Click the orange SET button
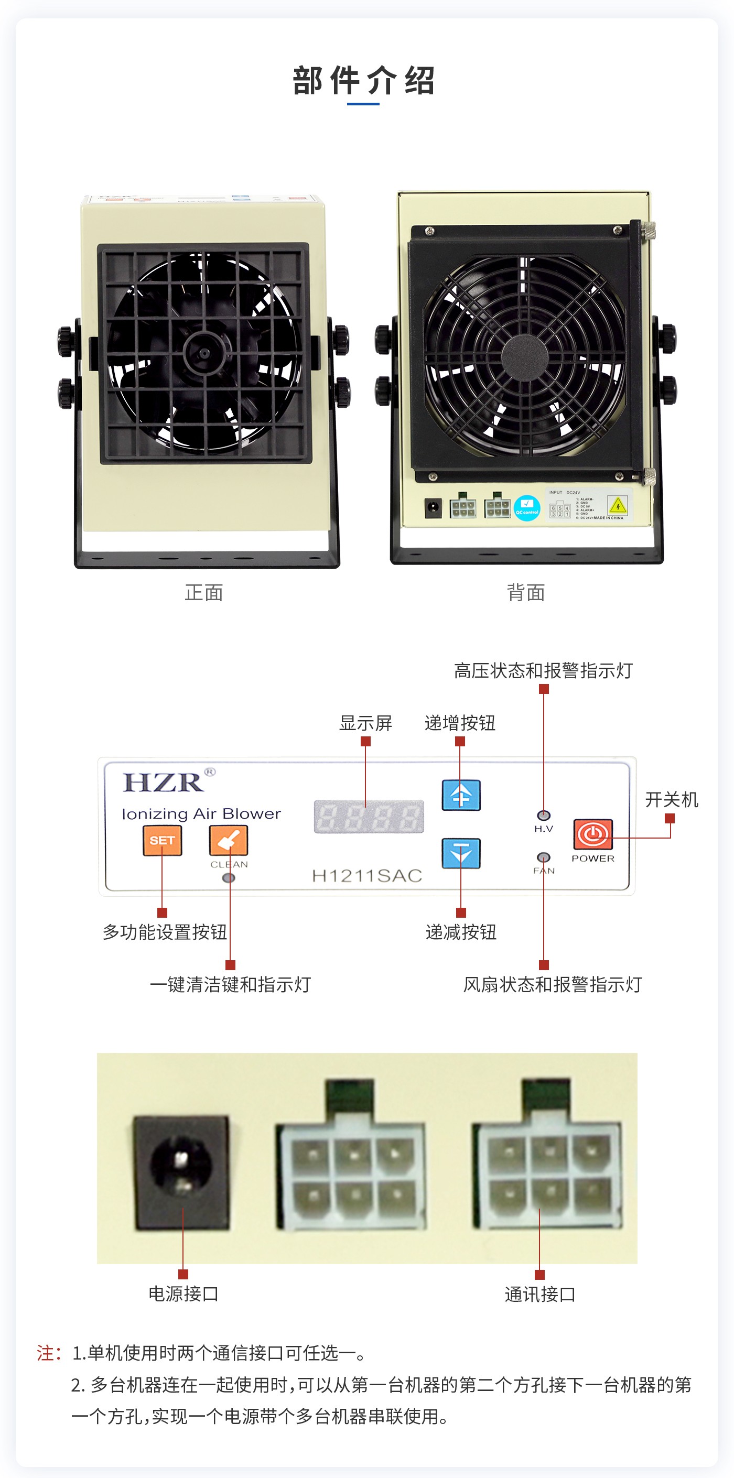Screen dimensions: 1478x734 point(162,841)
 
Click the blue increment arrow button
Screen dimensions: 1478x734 point(461,795)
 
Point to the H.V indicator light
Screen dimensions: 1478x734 point(544,816)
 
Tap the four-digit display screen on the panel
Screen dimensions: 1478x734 point(369,817)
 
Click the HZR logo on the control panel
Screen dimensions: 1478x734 point(164,783)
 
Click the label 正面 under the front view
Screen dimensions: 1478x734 point(204,593)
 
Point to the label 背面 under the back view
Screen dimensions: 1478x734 point(526,593)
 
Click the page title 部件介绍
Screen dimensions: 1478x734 point(364,80)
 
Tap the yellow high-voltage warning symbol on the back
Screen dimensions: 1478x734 point(618,505)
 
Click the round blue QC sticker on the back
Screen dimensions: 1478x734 point(527,508)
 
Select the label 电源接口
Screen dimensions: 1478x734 point(183,1294)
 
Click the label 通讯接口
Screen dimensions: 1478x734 point(539,1295)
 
